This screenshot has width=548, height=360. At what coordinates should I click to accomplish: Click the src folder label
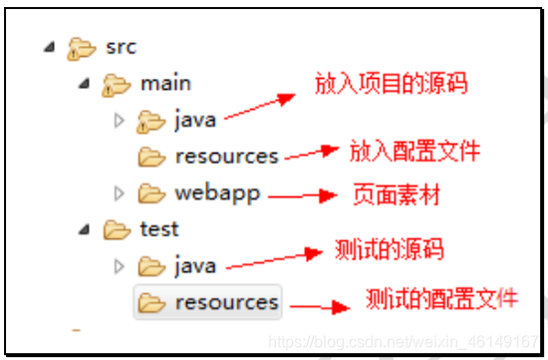click(120, 47)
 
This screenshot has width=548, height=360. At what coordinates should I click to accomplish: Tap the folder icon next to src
click(80, 48)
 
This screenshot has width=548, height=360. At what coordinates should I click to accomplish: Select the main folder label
click(165, 84)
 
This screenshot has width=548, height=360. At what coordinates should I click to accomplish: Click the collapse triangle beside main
click(85, 84)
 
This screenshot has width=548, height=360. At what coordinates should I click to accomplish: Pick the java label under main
click(195, 121)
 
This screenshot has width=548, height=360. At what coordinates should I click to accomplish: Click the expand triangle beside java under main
click(120, 121)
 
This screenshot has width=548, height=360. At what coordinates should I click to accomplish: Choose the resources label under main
click(226, 157)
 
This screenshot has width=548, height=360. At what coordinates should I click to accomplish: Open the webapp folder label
click(217, 192)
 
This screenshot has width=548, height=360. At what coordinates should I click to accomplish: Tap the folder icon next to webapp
click(151, 193)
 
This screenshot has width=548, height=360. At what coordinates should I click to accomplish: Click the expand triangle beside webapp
click(120, 193)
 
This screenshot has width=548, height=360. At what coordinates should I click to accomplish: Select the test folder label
click(159, 229)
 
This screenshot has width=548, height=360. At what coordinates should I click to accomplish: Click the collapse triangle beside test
click(85, 229)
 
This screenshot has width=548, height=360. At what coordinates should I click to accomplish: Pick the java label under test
click(195, 266)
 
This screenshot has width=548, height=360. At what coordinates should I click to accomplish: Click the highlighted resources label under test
click(226, 302)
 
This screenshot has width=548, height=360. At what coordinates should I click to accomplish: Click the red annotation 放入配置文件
click(413, 151)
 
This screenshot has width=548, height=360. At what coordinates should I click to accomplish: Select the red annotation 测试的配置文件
click(441, 298)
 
